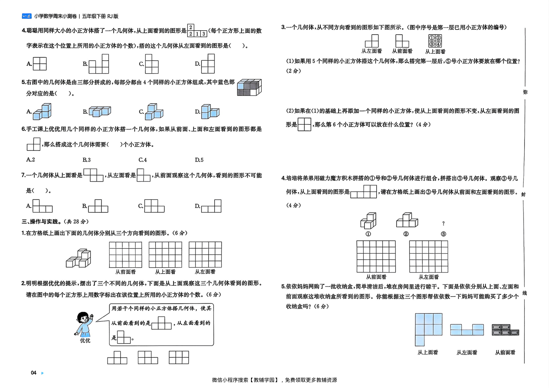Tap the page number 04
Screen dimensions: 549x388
tap(34, 373)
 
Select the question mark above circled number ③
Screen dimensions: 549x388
tap(443, 223)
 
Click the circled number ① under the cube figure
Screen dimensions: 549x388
tap(368, 234)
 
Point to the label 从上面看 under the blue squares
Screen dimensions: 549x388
tap(428, 352)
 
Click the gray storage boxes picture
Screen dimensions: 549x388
tap(505, 330)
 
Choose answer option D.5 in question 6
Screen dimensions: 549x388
tap(199, 160)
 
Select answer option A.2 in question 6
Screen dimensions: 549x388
tap(31, 160)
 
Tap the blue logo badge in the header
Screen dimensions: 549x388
tap(27, 16)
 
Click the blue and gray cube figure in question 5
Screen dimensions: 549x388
tap(249, 87)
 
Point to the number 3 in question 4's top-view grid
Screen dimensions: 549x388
tap(204, 34)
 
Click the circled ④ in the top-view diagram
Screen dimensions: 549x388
tap(438, 44)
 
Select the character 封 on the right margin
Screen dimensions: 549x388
tap(523, 194)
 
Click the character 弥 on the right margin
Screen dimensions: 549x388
tap(525, 92)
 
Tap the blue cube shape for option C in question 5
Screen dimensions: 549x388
tap(154, 112)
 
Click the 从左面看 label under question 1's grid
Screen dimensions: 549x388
tap(205, 272)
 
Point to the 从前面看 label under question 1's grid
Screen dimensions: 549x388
tap(126, 272)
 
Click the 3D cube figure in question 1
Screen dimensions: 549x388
tap(79, 258)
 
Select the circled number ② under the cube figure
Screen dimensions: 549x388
tap(406, 234)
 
